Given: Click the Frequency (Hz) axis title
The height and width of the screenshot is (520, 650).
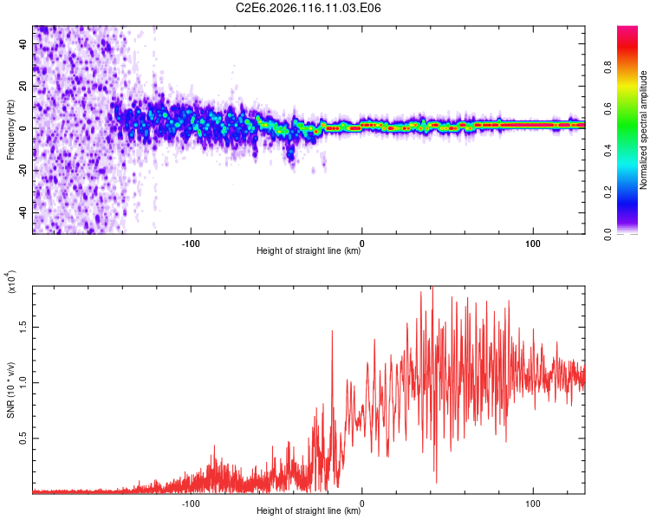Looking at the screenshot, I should coord(10,130).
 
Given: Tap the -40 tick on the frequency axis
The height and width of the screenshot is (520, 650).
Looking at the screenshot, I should coord(24,212).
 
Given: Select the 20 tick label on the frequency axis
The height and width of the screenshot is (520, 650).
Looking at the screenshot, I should coord(24,87).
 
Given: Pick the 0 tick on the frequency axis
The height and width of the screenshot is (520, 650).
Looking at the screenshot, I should coord(24,128).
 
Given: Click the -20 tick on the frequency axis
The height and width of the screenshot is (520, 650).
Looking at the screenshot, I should coord(24,171).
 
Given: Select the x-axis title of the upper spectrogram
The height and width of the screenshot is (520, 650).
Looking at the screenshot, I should coord(309,251).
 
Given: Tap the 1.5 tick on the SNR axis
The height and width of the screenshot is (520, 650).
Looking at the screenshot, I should coord(24,326).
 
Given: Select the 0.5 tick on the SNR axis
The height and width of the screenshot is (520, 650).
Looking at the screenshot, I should coord(24,439).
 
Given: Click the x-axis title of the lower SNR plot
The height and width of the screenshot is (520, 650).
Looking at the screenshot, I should coord(309,511).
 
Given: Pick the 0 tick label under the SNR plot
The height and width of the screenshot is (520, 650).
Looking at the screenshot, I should coord(362,502).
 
